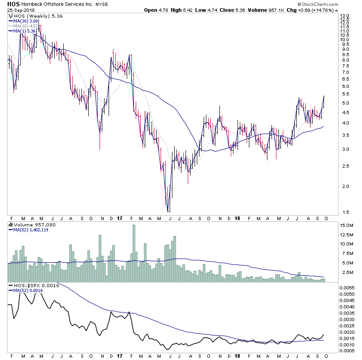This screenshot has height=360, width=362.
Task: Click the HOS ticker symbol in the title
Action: point(13,4)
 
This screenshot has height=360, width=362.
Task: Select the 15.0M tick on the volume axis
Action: point(346,225)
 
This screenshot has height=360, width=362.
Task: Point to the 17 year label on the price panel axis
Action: point(119,218)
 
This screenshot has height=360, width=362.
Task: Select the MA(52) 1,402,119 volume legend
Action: point(32,229)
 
